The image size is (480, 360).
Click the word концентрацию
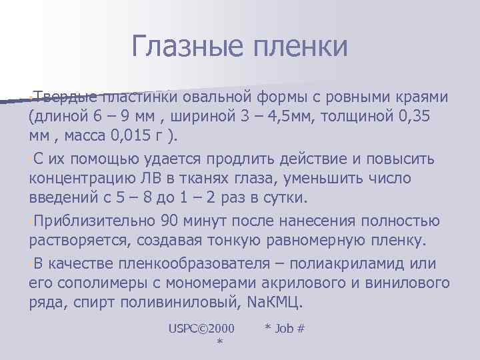[x=81, y=178]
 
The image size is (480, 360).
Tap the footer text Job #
[x=285, y=328]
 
